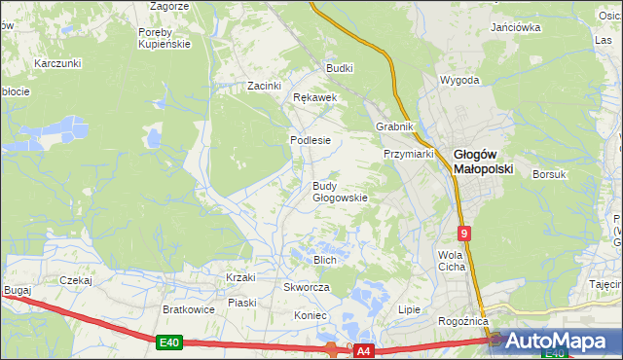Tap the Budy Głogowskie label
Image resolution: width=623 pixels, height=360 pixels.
[x=339, y=192]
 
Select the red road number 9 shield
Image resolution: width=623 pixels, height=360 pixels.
[x=465, y=234]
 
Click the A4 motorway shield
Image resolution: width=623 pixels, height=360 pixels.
[x=363, y=349]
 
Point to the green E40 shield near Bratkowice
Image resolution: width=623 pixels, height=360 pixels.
[x=168, y=342]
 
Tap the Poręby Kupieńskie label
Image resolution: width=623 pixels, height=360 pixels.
[x=163, y=37]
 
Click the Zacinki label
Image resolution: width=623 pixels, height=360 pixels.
[x=264, y=86]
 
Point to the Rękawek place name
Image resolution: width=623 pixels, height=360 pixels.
[x=314, y=98]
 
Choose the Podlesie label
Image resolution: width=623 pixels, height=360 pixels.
[x=310, y=140]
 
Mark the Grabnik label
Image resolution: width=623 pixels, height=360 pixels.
[x=395, y=127]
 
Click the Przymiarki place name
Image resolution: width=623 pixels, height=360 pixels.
[x=408, y=154]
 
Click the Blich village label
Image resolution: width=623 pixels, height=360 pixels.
[x=324, y=260]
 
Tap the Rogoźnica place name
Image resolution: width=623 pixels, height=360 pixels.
[x=459, y=321]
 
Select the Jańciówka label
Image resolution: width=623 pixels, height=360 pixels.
[x=516, y=27]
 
